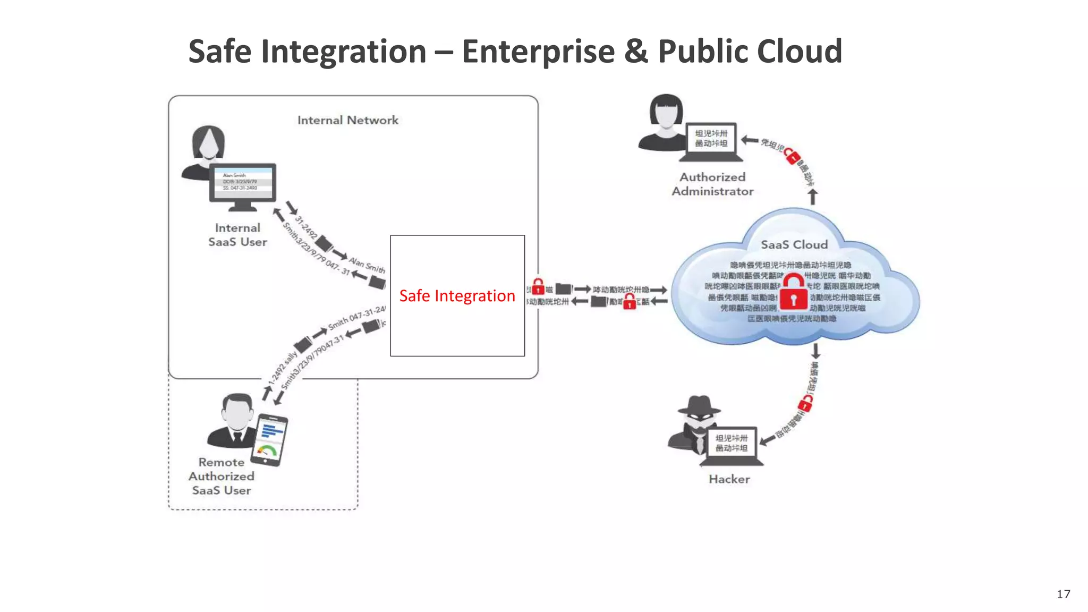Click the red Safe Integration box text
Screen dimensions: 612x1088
457,295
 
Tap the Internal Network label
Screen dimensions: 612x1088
347,120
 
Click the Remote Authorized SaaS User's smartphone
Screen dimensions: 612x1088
271,439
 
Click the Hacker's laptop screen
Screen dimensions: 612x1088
732,443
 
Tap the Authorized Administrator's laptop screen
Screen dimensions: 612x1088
711,138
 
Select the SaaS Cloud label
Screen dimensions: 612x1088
794,244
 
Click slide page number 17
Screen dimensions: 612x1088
1063,594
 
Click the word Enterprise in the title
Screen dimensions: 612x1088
538,52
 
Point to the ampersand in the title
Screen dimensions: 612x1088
636,52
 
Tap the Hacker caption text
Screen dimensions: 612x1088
729,479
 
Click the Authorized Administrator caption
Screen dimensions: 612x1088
712,184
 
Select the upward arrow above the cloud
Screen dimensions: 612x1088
812,197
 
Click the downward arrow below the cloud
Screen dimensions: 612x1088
816,351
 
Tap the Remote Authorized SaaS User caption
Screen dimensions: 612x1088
222,476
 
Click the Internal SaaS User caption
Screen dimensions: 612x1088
237,235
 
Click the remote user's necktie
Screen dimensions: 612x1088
237,438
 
